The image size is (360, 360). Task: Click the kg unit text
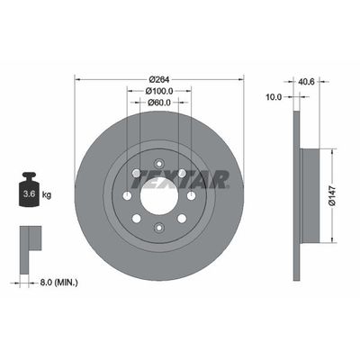tap(47, 193)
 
